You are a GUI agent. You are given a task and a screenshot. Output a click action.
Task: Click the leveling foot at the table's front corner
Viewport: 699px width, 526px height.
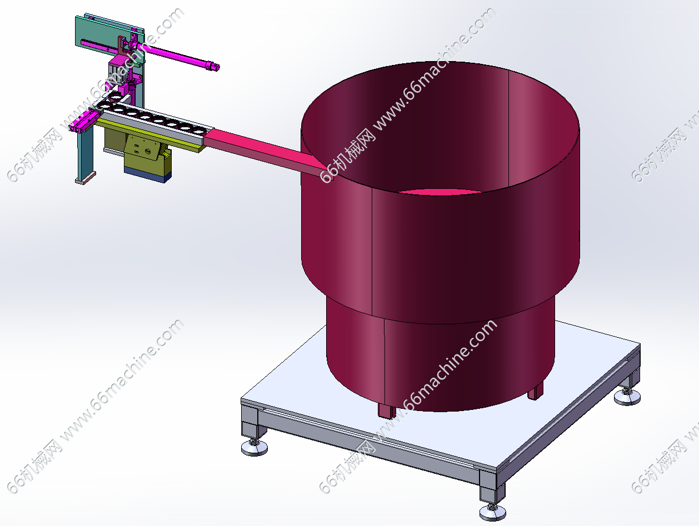(x=492, y=512)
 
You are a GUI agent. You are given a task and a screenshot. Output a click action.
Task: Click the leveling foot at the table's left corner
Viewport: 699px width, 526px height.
(x=254, y=447)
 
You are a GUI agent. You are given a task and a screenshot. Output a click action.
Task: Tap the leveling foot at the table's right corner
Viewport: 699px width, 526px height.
(x=627, y=397)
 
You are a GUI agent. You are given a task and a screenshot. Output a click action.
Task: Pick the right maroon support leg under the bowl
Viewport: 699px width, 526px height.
(x=535, y=391)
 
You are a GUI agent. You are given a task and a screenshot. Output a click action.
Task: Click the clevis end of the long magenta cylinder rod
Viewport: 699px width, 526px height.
(x=212, y=66)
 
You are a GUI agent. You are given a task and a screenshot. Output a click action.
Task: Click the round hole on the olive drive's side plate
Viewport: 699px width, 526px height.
(x=147, y=152)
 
